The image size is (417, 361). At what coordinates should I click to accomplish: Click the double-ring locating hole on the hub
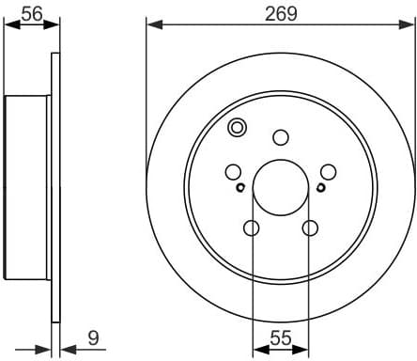(237, 127)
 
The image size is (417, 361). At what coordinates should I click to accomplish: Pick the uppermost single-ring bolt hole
(280, 137)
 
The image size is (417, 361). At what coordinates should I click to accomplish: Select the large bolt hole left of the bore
(233, 172)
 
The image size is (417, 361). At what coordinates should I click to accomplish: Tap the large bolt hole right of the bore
(328, 172)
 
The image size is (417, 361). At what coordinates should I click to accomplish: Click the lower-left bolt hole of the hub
(251, 228)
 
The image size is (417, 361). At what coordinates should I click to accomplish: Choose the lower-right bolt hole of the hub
(310, 228)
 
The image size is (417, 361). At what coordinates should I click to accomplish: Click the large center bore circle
(280, 184)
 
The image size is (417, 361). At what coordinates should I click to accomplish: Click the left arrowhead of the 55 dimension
(257, 348)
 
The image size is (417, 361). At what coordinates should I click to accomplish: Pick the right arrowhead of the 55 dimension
(303, 348)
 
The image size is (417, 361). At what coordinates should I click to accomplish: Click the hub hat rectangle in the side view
(27, 188)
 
